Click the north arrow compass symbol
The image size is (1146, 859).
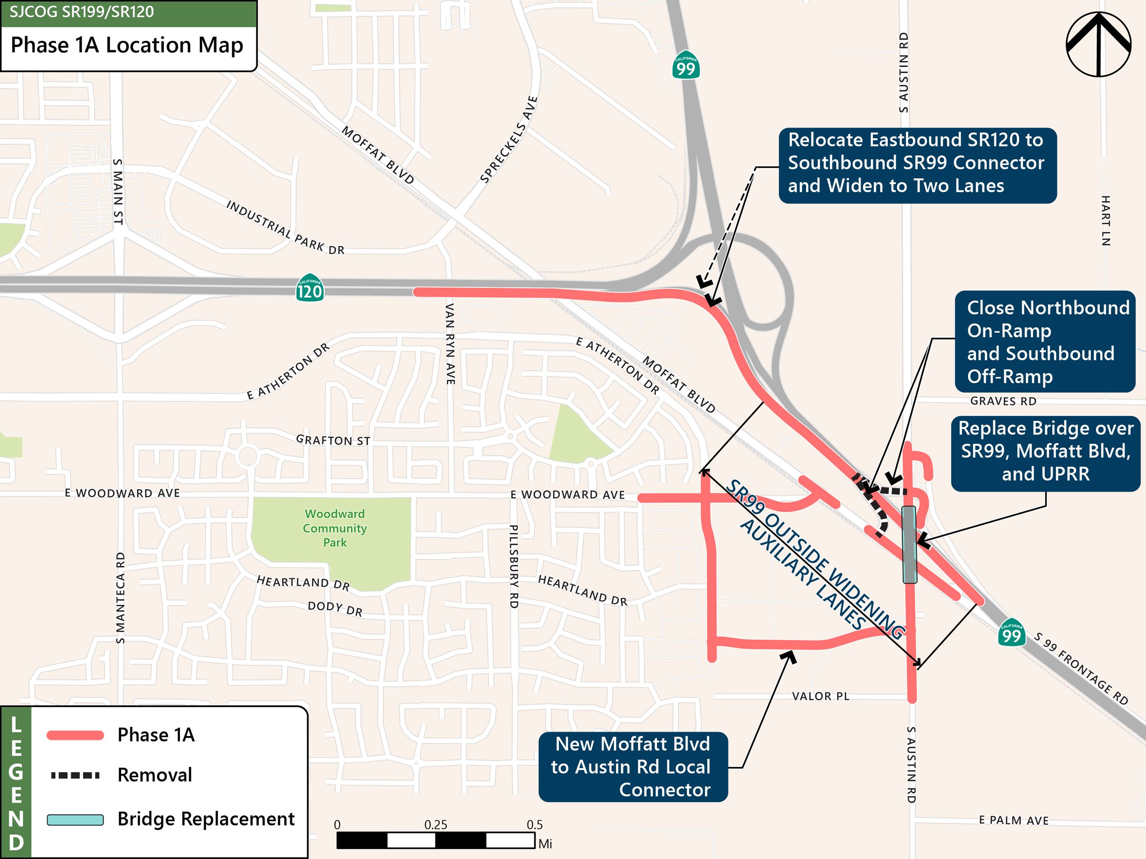coord(1098,45)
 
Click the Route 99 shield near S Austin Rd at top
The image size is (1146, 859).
coord(686,65)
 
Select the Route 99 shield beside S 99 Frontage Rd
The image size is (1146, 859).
coord(1011,632)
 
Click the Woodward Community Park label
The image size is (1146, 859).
coord(335,528)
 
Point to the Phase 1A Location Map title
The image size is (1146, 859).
coord(127,45)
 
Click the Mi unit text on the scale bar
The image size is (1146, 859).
coord(545,844)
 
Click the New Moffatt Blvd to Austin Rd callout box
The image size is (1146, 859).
coord(633,767)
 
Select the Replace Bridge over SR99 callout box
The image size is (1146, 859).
coord(1046,451)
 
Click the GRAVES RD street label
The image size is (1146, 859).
coord(1003,401)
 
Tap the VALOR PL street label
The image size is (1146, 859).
coord(821,696)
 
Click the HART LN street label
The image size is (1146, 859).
coord(1105,221)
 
